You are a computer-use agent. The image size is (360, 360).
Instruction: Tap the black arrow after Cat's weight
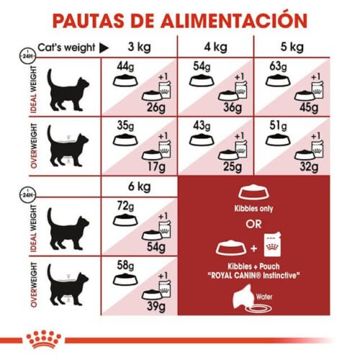pos(103,48)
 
